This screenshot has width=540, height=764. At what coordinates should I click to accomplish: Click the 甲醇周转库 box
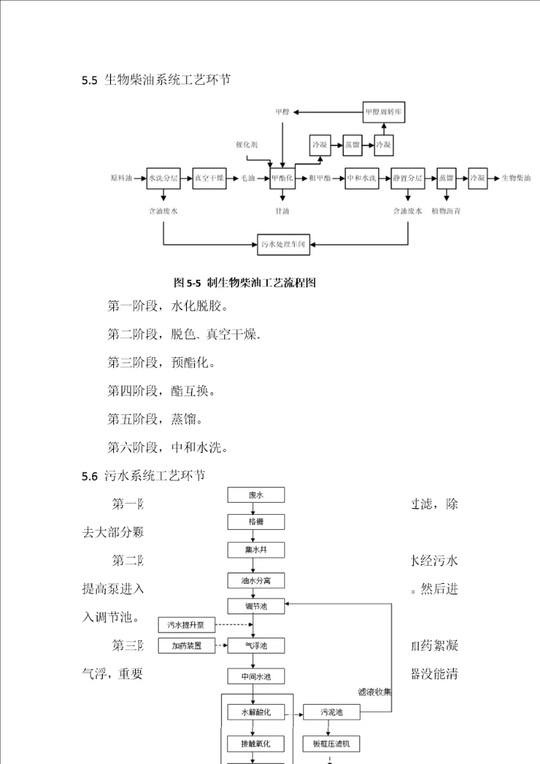pyautogui.click(x=383, y=113)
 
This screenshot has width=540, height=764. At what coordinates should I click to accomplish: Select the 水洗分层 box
pyautogui.click(x=163, y=178)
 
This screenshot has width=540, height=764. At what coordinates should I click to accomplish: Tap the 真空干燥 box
pyautogui.click(x=209, y=178)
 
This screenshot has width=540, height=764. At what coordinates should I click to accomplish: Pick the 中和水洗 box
pyautogui.click(x=361, y=178)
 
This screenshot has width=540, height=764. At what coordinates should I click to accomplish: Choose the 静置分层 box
pyautogui.click(x=407, y=178)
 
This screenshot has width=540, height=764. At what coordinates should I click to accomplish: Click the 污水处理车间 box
pyautogui.click(x=283, y=244)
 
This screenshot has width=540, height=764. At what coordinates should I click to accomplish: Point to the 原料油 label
pyautogui.click(x=121, y=178)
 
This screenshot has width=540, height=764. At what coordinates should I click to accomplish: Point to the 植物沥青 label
pyautogui.click(x=446, y=212)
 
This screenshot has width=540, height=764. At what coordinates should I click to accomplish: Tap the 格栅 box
pyautogui.click(x=256, y=522)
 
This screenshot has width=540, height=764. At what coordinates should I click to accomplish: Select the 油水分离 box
pyautogui.click(x=256, y=581)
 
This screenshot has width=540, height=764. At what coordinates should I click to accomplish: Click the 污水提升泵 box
pyautogui.click(x=186, y=624)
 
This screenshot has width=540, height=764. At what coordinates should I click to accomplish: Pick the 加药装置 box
pyautogui.click(x=186, y=645)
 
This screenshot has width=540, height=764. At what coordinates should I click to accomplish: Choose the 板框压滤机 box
pyautogui.click(x=331, y=744)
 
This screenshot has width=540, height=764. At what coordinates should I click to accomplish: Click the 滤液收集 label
pyautogui.click(x=374, y=692)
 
